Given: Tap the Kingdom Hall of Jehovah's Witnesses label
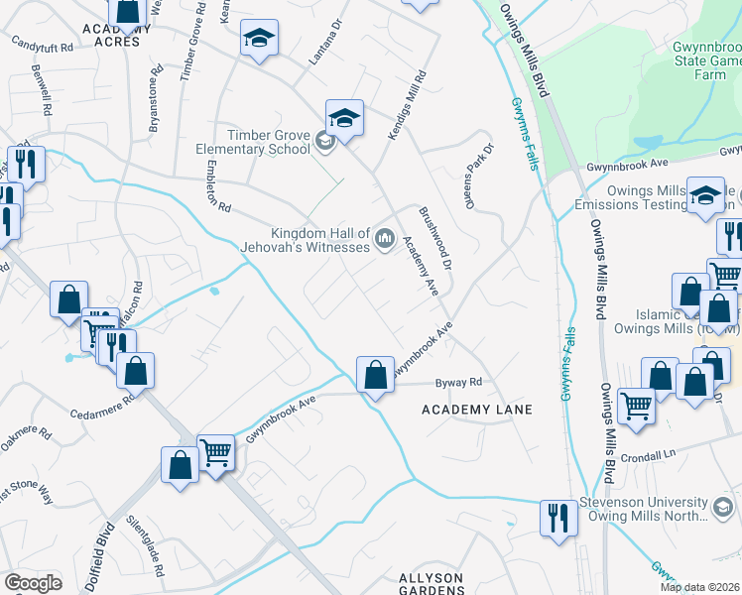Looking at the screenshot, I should [x=306, y=239].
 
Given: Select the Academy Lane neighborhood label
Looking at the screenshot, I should [x=476, y=410].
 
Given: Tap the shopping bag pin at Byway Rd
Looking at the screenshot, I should [x=375, y=377].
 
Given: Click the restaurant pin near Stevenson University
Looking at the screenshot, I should [x=558, y=519].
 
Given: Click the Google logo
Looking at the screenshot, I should [x=33, y=583].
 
